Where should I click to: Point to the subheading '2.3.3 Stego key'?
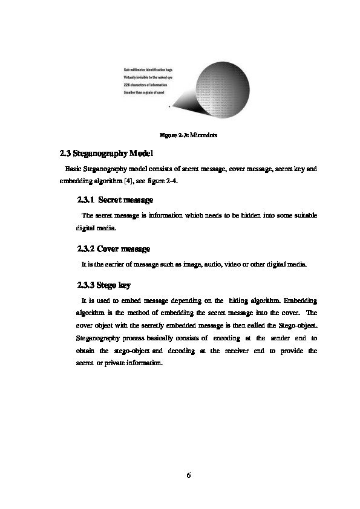click(x=104, y=284)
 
